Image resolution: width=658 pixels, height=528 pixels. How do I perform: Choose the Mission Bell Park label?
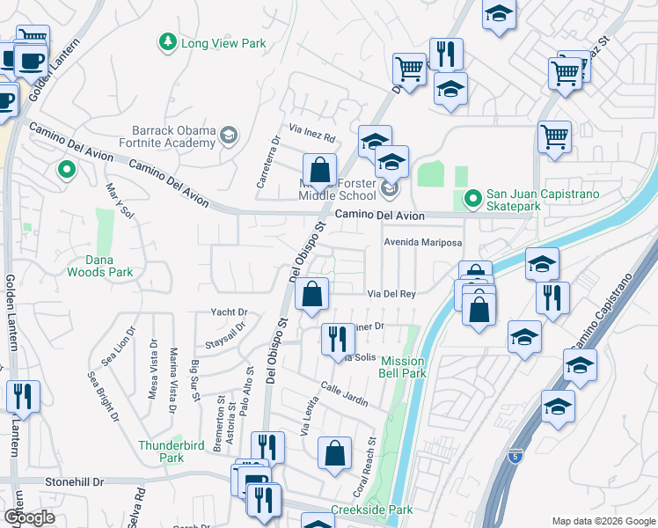point(403,368)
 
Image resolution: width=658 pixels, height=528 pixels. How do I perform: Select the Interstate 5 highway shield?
point(515,456)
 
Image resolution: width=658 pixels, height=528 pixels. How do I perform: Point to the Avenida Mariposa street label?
point(421,242)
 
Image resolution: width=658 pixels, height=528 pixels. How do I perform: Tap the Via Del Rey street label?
point(391,293)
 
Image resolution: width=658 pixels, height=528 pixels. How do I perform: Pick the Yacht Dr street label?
point(230,312)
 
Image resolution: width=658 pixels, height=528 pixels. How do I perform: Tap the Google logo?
point(29,517)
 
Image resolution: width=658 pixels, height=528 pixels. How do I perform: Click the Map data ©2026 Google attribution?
point(603,521)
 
